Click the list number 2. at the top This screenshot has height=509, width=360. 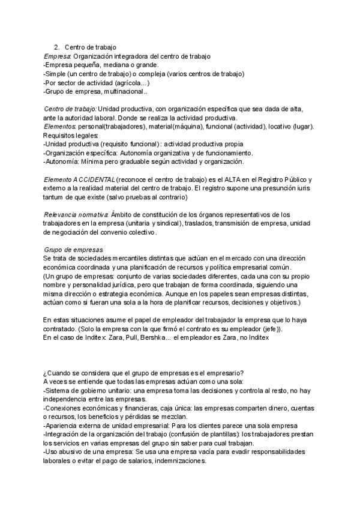click(x=56, y=47)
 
